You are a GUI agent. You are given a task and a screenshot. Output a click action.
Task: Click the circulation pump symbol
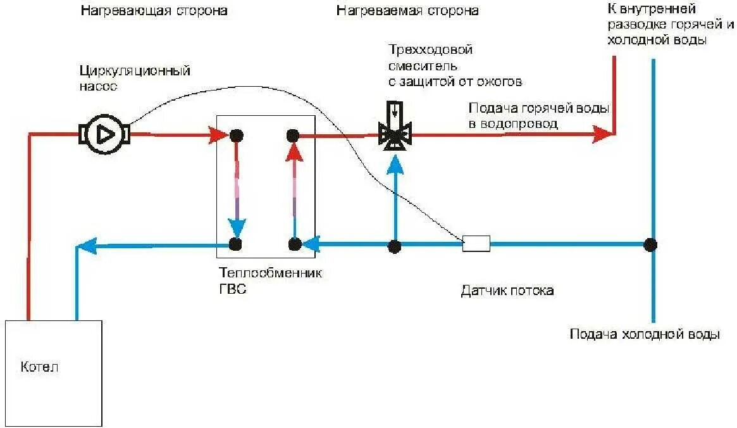coord(105,134)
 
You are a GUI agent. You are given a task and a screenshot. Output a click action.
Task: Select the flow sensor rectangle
coord(476,244)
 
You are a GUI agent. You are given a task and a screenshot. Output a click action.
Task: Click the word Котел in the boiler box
coord(39,367)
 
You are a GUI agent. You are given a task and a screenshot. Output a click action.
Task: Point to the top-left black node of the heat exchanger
coord(237,135)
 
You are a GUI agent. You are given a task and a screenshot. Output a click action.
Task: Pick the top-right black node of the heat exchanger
coord(292,135)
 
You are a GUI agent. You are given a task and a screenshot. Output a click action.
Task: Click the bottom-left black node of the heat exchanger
coord(236,244)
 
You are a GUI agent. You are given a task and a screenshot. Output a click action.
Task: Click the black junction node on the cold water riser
coord(650,244)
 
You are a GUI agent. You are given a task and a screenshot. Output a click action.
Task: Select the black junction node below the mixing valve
coord(395,246)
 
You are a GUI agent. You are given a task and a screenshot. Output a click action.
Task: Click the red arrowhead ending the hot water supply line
coord(602,134)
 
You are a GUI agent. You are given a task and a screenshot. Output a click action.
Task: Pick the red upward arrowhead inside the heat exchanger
coord(293,152)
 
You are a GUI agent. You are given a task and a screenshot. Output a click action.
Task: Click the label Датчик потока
coord(507,291)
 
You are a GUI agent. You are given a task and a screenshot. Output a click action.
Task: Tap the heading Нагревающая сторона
coord(154,11)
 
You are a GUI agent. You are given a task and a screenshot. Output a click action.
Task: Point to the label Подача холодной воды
coord(644,335)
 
